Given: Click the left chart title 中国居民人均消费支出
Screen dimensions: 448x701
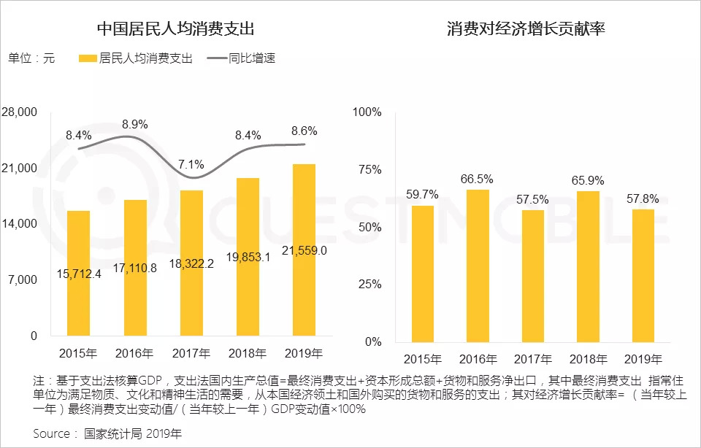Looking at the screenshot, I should (x=176, y=29).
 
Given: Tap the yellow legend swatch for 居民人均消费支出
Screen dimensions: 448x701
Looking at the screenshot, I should (x=87, y=58).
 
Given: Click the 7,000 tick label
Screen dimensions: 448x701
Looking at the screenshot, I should (x=23, y=280).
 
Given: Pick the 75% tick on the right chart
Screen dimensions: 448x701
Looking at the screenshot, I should (x=367, y=169).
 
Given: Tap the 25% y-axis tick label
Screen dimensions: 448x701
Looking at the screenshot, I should (x=367, y=284).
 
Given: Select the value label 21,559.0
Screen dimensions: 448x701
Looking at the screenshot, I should (x=303, y=250).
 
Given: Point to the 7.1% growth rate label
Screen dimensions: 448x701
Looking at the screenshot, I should (x=191, y=164).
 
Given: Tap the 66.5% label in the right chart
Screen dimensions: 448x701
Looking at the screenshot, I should (x=477, y=179).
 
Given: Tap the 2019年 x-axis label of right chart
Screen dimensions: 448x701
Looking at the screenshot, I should (x=644, y=359).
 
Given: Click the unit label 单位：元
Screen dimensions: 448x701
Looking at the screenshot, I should (x=31, y=58).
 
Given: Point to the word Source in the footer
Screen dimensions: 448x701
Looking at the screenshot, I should (x=51, y=433).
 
